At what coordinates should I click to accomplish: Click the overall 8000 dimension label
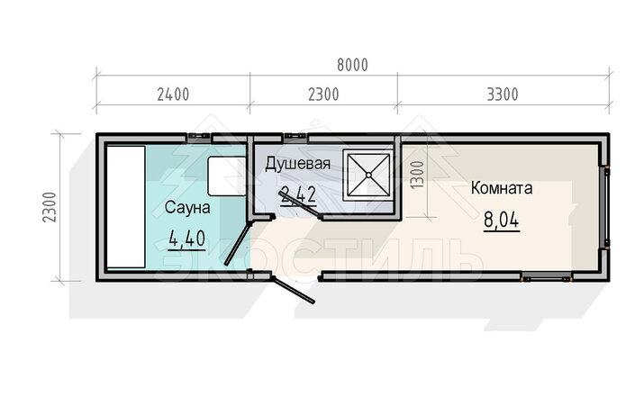click(352, 65)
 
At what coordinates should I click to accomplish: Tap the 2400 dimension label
click(173, 95)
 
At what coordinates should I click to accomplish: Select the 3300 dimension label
click(503, 95)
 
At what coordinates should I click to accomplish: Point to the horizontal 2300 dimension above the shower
click(323, 95)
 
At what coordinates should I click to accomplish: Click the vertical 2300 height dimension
click(50, 207)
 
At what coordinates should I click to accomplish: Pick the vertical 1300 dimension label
click(417, 175)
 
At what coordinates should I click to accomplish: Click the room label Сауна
click(187, 208)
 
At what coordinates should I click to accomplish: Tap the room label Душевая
click(297, 164)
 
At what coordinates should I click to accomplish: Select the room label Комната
click(502, 188)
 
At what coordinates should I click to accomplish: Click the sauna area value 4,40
click(186, 239)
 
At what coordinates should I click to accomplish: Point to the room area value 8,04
click(502, 221)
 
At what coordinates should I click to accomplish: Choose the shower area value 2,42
click(298, 195)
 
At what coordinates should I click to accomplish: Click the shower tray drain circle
click(368, 175)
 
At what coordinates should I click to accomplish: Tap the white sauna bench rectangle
click(126, 207)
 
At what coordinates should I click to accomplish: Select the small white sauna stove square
click(227, 176)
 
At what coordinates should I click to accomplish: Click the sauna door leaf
click(238, 244)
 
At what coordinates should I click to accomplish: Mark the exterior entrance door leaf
click(294, 290)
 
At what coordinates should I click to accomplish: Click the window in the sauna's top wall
click(199, 136)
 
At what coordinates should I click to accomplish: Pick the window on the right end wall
click(607, 207)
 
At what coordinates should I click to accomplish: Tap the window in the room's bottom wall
click(546, 278)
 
